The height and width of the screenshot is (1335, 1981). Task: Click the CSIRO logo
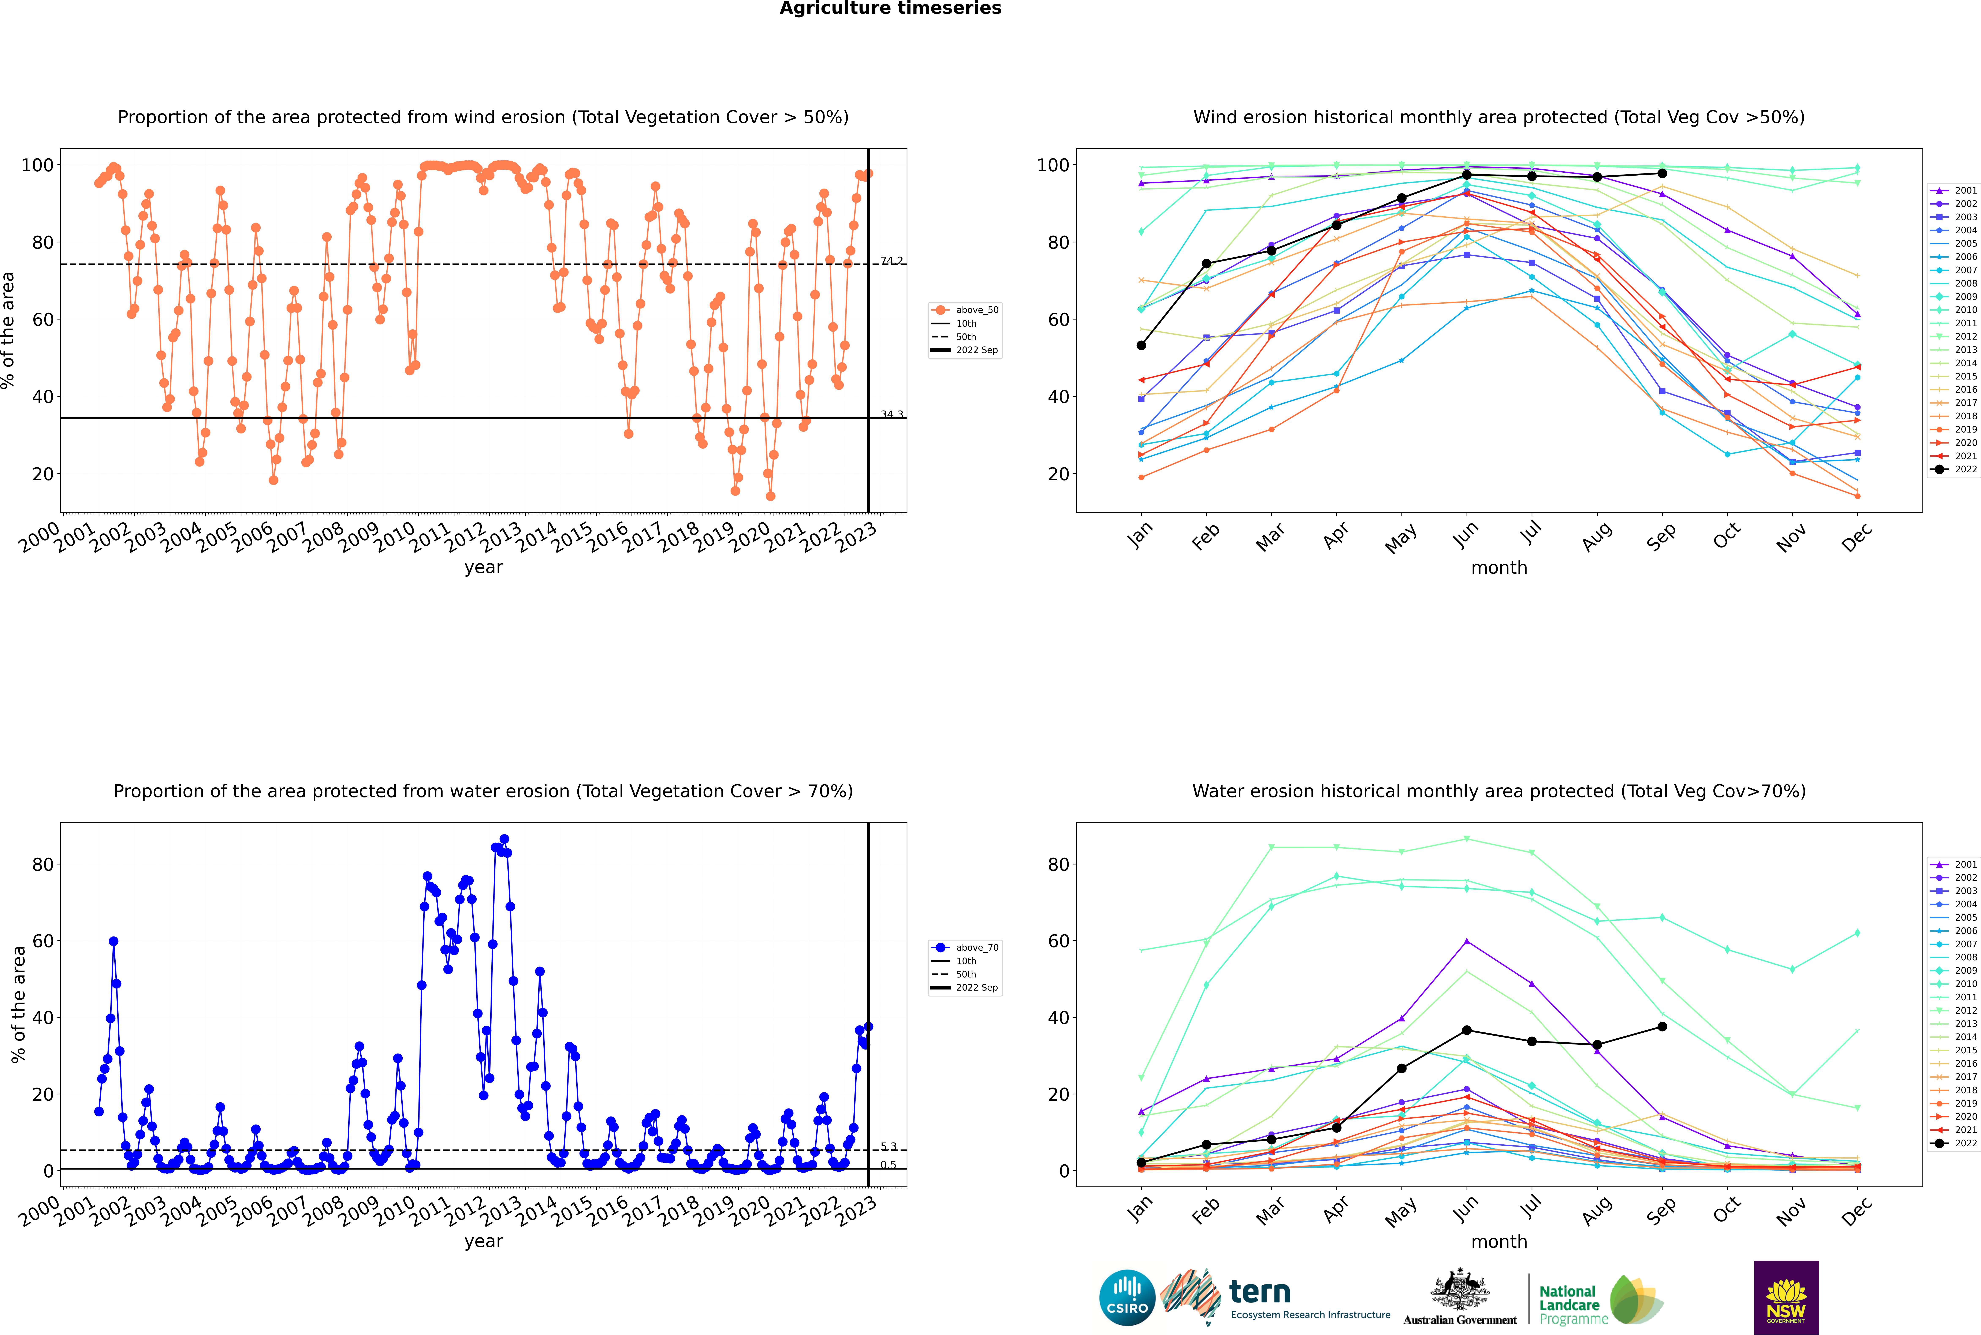click(1127, 1298)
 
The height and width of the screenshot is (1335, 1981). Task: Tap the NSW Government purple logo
click(1786, 1298)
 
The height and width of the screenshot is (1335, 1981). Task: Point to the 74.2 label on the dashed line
click(892, 261)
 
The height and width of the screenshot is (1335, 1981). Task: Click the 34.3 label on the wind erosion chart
click(892, 415)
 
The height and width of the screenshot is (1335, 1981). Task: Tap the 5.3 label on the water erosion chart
click(888, 1147)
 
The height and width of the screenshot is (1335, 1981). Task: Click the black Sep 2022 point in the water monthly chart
click(1662, 1027)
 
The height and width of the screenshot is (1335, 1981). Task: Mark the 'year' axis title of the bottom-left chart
click(484, 1241)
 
